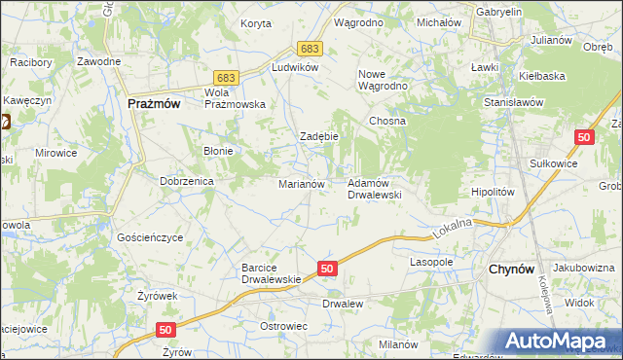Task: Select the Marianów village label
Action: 308,183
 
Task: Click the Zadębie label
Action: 318,136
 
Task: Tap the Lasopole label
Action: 431,263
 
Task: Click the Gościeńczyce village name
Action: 150,237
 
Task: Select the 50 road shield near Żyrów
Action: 165,330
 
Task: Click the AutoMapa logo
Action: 559,341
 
